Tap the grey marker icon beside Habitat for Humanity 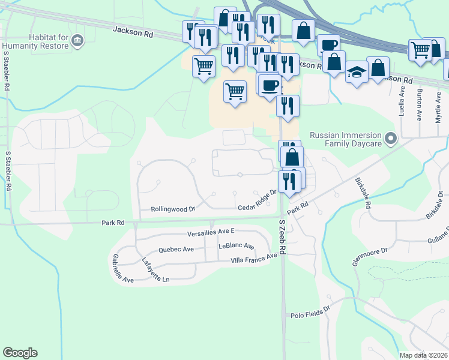pyautogui.click(x=77, y=41)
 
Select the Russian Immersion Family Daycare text pyautogui.click(x=345, y=140)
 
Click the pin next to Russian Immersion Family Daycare pyautogui.click(x=391, y=140)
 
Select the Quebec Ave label pyautogui.click(x=176, y=249)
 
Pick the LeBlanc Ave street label pyautogui.click(x=237, y=246)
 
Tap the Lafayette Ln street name pyautogui.click(x=155, y=269)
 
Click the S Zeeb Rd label pyautogui.click(x=283, y=238)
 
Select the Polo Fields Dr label pyautogui.click(x=310, y=313)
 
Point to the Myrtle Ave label pyautogui.click(x=438, y=107)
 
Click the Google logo pyautogui.click(x=20, y=353)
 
